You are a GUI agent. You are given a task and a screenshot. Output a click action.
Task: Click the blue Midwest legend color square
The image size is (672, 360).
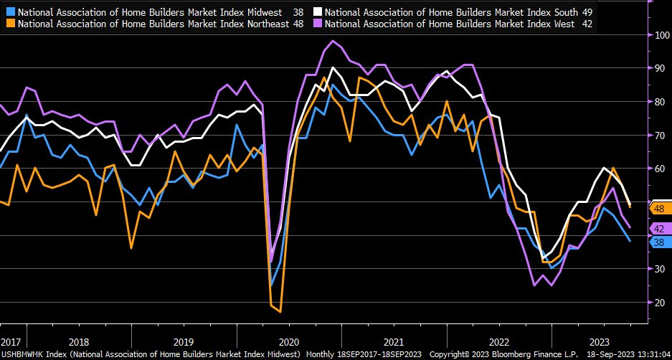[8, 12]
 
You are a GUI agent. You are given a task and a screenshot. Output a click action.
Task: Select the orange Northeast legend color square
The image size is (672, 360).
[8, 24]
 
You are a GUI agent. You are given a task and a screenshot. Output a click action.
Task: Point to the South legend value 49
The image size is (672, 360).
[586, 12]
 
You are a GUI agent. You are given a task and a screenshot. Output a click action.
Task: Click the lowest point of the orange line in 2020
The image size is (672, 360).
[279, 311]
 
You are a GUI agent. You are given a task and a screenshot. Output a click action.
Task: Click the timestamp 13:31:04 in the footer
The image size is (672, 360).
[648, 354]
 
